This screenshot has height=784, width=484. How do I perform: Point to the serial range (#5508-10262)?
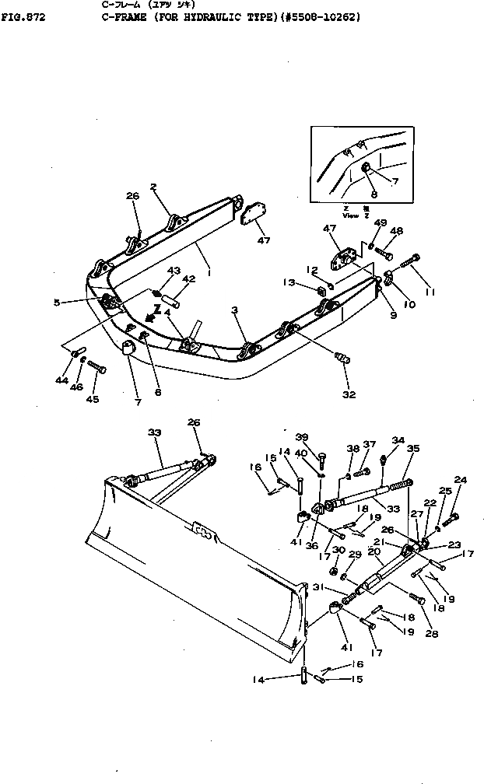319,15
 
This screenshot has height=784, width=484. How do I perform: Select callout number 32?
348,394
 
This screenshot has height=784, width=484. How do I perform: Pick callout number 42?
188,278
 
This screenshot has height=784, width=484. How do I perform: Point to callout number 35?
413,448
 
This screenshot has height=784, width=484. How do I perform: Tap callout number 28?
432,633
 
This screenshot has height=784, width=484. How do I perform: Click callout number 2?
154,187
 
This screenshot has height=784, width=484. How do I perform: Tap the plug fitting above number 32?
340,360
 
